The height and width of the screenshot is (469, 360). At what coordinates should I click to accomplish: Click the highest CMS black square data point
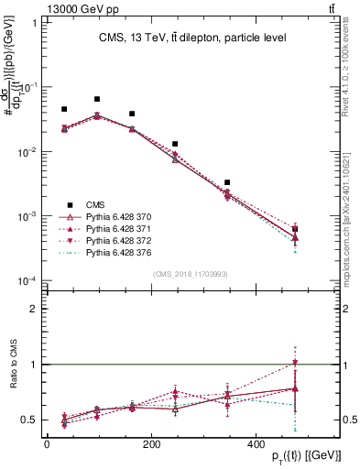pyautogui.click(x=97, y=99)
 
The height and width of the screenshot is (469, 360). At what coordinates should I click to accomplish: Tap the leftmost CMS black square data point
pyautogui.click(x=64, y=109)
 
